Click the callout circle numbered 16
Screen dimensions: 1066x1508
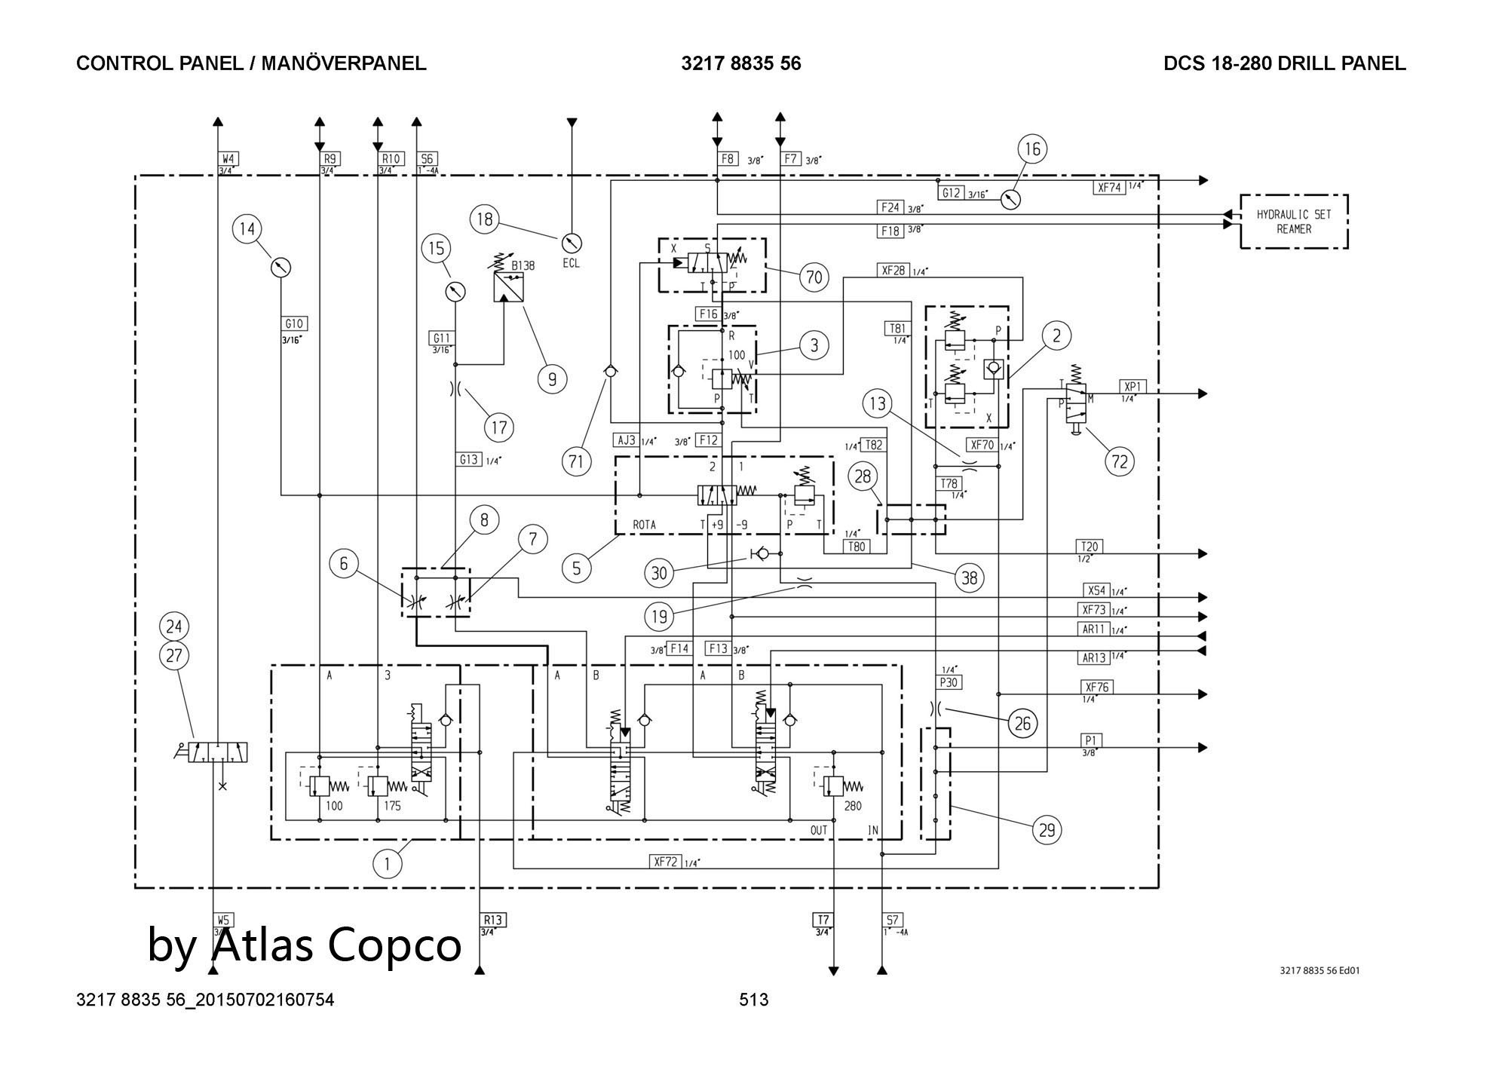coord(1032,149)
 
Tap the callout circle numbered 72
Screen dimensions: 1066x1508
coord(1119,460)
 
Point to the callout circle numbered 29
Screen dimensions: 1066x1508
coord(1047,830)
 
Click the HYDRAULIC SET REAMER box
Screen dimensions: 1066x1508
coord(1294,222)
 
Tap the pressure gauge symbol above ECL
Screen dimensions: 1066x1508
coord(572,243)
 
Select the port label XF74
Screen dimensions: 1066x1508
coord(1109,188)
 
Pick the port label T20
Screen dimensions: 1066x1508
coord(1090,546)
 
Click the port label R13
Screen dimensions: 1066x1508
coord(492,920)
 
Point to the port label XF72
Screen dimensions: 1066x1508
coord(666,862)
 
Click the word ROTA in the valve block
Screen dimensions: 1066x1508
coord(644,525)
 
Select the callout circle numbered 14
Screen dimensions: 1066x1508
coord(247,228)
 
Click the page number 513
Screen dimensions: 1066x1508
coord(753,1000)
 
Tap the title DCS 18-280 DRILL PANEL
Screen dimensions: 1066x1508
coord(1284,63)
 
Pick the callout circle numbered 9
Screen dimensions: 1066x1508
coord(552,378)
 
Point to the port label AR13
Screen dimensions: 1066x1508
coord(1093,657)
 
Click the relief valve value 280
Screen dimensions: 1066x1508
coord(852,806)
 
